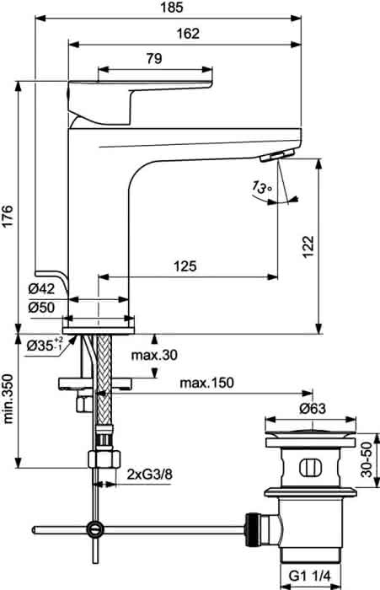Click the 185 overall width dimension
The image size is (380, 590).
coord(173,7)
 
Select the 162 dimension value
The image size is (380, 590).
coord(188,34)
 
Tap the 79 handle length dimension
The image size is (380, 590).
coord(154,58)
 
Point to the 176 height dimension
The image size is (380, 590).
coord(8,216)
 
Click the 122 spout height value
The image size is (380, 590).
coord(308,246)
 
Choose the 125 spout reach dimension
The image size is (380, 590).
coord(185,266)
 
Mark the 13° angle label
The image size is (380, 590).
coord(261,187)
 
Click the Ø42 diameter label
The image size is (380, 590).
coord(41,289)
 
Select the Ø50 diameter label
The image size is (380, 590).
coord(41,308)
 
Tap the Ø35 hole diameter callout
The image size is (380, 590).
coord(45,344)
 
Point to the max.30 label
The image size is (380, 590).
coord(154,355)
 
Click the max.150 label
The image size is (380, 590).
coord(206,383)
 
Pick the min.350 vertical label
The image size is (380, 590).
coord(8,399)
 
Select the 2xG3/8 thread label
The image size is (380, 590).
coord(150,474)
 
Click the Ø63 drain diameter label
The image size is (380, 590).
coord(313,408)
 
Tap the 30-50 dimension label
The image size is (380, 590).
coord(366,459)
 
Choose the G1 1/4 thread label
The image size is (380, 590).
coord(309,576)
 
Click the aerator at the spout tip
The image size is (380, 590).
coord(277,155)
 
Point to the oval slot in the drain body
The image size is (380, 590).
coord(311,468)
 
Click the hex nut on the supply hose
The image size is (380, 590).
coord(104,459)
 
